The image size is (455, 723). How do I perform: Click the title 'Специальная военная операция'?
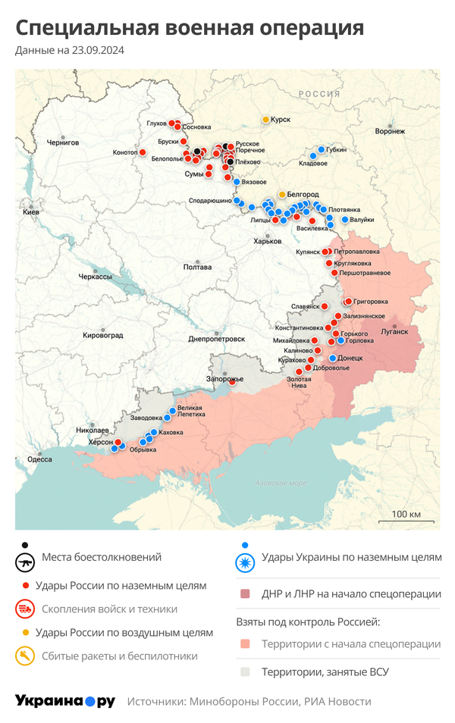[190, 29]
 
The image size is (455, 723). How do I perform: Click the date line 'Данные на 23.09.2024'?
[70, 51]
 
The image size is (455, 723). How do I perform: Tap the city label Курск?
[281, 120]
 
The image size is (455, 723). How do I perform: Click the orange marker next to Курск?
[265, 120]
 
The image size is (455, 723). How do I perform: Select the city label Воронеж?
[389, 131]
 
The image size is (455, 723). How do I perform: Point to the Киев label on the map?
[31, 212]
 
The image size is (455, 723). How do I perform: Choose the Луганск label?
[394, 331]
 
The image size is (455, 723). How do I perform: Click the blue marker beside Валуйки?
[345, 220]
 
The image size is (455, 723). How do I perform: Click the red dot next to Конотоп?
[142, 152]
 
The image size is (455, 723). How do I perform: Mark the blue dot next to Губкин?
[322, 149]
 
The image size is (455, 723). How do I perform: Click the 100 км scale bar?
[406, 521]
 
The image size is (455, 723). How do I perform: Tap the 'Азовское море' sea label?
[281, 483]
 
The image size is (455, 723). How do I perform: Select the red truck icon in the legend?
[26, 609]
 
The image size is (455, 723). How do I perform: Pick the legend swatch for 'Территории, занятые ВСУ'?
[245, 671]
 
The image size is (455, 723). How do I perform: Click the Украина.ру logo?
[65, 701]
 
